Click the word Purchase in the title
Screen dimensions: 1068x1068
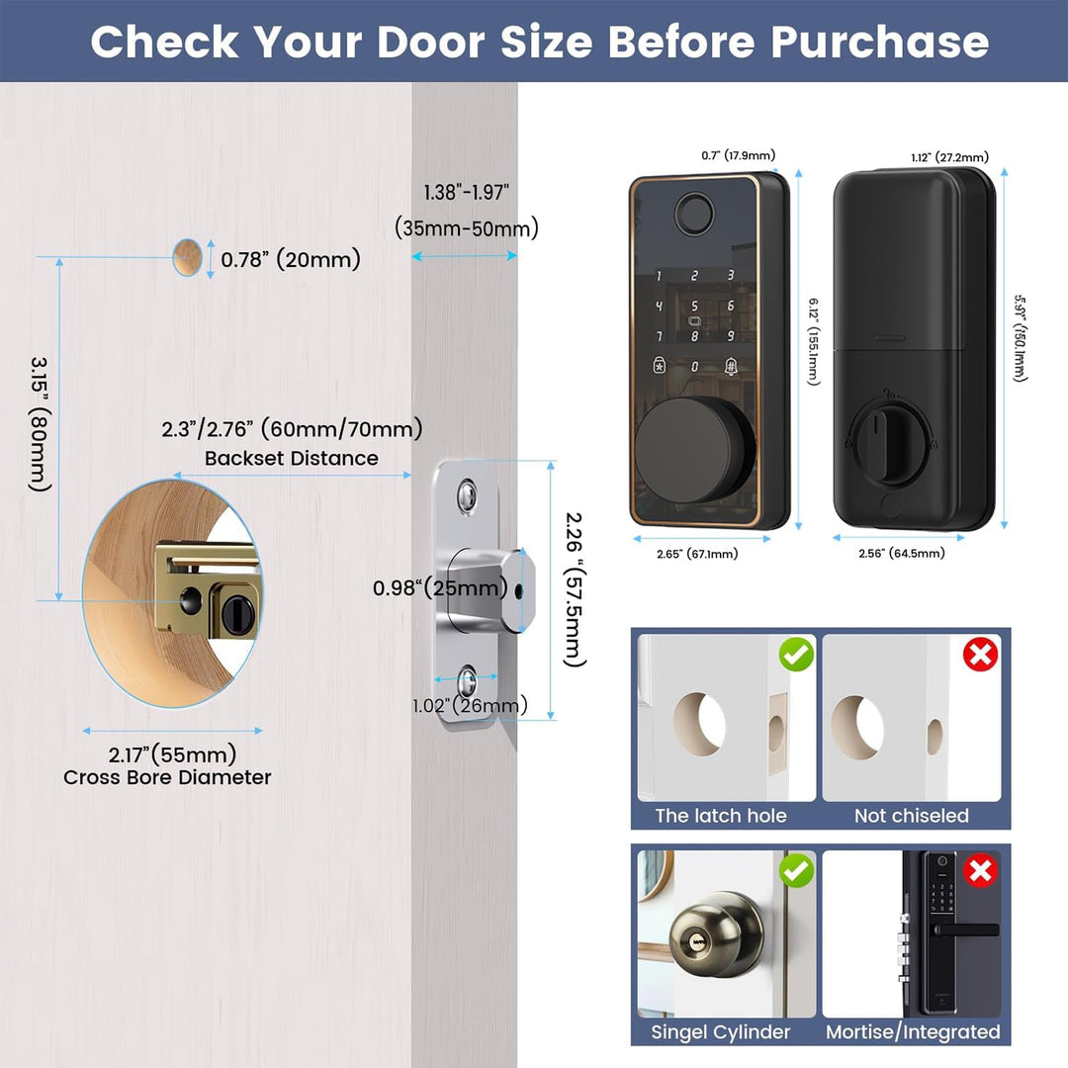pyautogui.click(x=880, y=42)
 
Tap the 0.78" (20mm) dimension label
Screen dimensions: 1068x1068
pyautogui.click(x=291, y=259)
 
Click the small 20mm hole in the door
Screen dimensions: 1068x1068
pyautogui.click(x=187, y=257)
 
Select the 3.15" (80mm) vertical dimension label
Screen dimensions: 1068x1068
pyautogui.click(x=40, y=423)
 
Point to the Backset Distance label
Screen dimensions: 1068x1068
pyautogui.click(x=292, y=459)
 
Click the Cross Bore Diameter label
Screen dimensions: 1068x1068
pyautogui.click(x=167, y=777)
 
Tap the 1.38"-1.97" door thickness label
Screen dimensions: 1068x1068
pyautogui.click(x=467, y=193)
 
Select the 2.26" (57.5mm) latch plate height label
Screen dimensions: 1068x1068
pyautogui.click(x=576, y=589)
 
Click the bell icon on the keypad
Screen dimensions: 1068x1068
pyautogui.click(x=730, y=367)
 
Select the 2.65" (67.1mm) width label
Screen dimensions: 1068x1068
pyautogui.click(x=697, y=554)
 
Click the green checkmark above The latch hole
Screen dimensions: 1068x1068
pyautogui.click(x=796, y=655)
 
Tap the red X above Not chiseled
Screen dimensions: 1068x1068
pyautogui.click(x=980, y=655)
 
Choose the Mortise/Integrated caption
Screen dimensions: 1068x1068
pyautogui.click(x=913, y=1031)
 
